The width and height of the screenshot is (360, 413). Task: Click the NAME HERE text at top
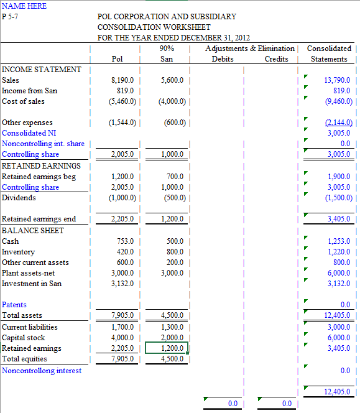24,6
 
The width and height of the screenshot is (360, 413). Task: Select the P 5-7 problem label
12,16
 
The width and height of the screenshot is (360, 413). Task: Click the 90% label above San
167,49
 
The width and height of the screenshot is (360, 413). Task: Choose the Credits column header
276,59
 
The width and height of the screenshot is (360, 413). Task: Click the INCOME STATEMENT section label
42,70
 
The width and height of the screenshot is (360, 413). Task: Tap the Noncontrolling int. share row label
43,144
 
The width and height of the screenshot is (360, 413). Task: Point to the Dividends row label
19,198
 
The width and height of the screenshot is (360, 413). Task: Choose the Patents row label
14,305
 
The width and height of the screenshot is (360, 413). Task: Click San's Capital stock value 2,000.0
171,338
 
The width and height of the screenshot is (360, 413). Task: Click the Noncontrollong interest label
42,371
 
